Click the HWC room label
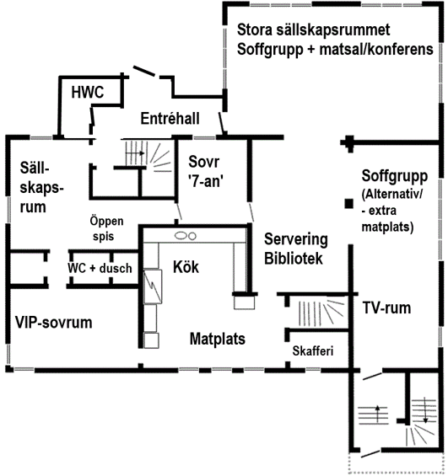coord(88,92)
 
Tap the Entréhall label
coord(170,119)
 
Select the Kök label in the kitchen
coord(186,267)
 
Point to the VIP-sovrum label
coord(54,323)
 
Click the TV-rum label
coord(386,308)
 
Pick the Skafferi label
coord(313,351)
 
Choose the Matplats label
coord(218,339)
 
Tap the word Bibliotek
coord(294,259)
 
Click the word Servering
coord(296,239)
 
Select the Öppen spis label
coord(106,228)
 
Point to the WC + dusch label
coord(100,269)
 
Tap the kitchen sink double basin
coord(185,236)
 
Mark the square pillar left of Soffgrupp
coord(349,204)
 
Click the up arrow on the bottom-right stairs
coord(377,414)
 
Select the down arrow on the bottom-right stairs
coord(425,410)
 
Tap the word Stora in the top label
coord(254,29)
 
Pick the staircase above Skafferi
coord(321,313)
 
